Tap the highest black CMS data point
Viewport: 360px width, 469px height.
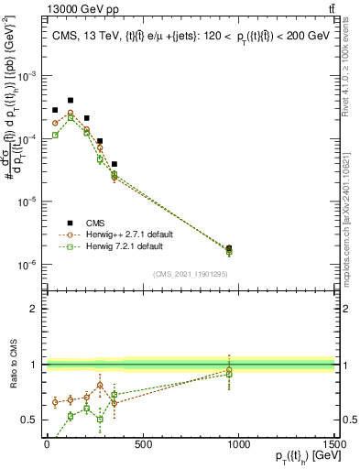pos(71,100)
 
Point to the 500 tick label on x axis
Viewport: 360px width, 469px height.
pos(143,444)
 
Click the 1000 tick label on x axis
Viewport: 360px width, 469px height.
pos(238,444)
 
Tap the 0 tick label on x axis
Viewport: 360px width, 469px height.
pos(47,444)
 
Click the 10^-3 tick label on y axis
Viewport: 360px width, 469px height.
pos(31,76)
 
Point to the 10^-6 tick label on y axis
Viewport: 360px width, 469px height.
pos(31,265)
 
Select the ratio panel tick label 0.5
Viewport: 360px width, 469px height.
pos(30,420)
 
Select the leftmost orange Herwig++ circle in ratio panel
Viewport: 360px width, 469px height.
pos(56,401)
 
